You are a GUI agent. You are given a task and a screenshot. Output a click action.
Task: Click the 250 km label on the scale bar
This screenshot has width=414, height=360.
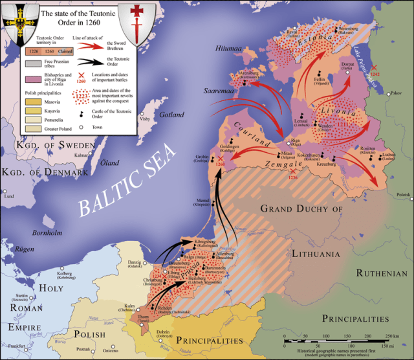(393, 338)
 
